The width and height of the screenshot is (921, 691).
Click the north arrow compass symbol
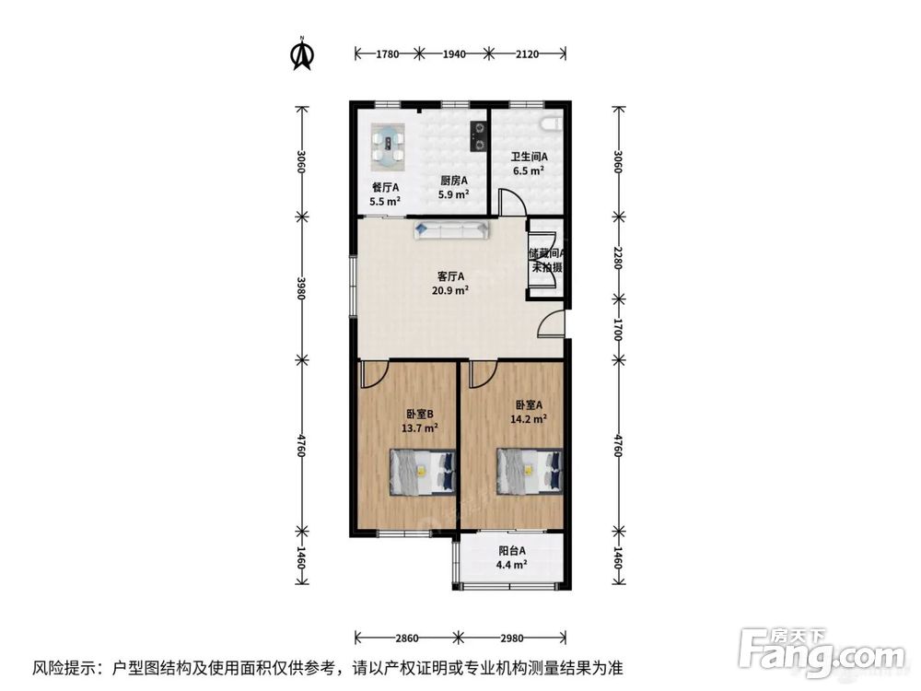[x=300, y=53]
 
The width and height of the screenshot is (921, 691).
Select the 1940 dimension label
[x=453, y=54]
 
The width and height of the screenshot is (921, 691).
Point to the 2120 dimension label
[x=528, y=54]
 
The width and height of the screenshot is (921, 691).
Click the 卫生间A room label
[x=530, y=157]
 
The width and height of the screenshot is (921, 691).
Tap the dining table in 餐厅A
[x=389, y=145]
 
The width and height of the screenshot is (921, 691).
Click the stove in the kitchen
[x=478, y=135]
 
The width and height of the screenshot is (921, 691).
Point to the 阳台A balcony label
[x=511, y=551]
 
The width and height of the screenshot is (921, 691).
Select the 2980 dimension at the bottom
[x=514, y=637]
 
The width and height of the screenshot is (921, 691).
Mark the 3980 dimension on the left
[x=300, y=287]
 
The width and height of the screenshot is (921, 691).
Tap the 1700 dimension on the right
[x=618, y=330]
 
